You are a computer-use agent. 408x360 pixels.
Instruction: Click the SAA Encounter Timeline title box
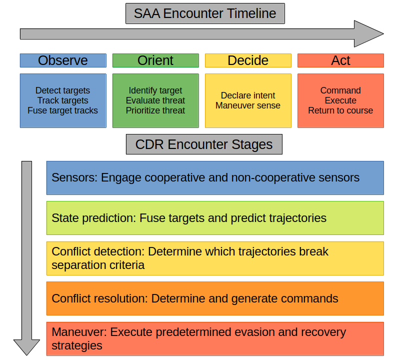(x=205, y=13)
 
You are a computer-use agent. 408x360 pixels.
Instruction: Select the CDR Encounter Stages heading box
(x=204, y=145)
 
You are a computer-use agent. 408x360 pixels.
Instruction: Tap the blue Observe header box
(x=63, y=60)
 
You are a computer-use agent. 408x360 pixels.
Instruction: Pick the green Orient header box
(x=155, y=60)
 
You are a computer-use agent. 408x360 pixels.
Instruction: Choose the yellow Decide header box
(x=248, y=60)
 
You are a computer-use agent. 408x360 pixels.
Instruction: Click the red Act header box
(x=340, y=60)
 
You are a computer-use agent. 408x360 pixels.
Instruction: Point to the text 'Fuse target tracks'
(x=63, y=110)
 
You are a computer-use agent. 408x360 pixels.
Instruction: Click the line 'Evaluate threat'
(x=155, y=100)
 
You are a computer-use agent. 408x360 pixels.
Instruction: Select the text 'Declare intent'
(x=248, y=95)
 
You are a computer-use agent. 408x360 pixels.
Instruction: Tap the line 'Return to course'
(x=340, y=110)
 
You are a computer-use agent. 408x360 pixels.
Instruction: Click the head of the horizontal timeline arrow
(x=370, y=34)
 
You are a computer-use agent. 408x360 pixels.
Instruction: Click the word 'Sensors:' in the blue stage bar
(x=74, y=177)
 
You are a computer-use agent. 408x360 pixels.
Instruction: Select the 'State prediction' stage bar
(x=215, y=218)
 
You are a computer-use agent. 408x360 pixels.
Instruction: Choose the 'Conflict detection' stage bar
(x=215, y=258)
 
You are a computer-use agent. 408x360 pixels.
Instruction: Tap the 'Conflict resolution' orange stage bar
(x=215, y=298)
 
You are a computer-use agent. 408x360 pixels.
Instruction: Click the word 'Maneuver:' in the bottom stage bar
(x=79, y=332)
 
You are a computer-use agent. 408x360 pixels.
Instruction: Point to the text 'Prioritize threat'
(x=155, y=110)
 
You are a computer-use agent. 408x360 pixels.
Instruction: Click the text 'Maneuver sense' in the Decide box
(x=248, y=105)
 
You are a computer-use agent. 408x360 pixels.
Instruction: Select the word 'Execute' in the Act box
(x=340, y=100)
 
